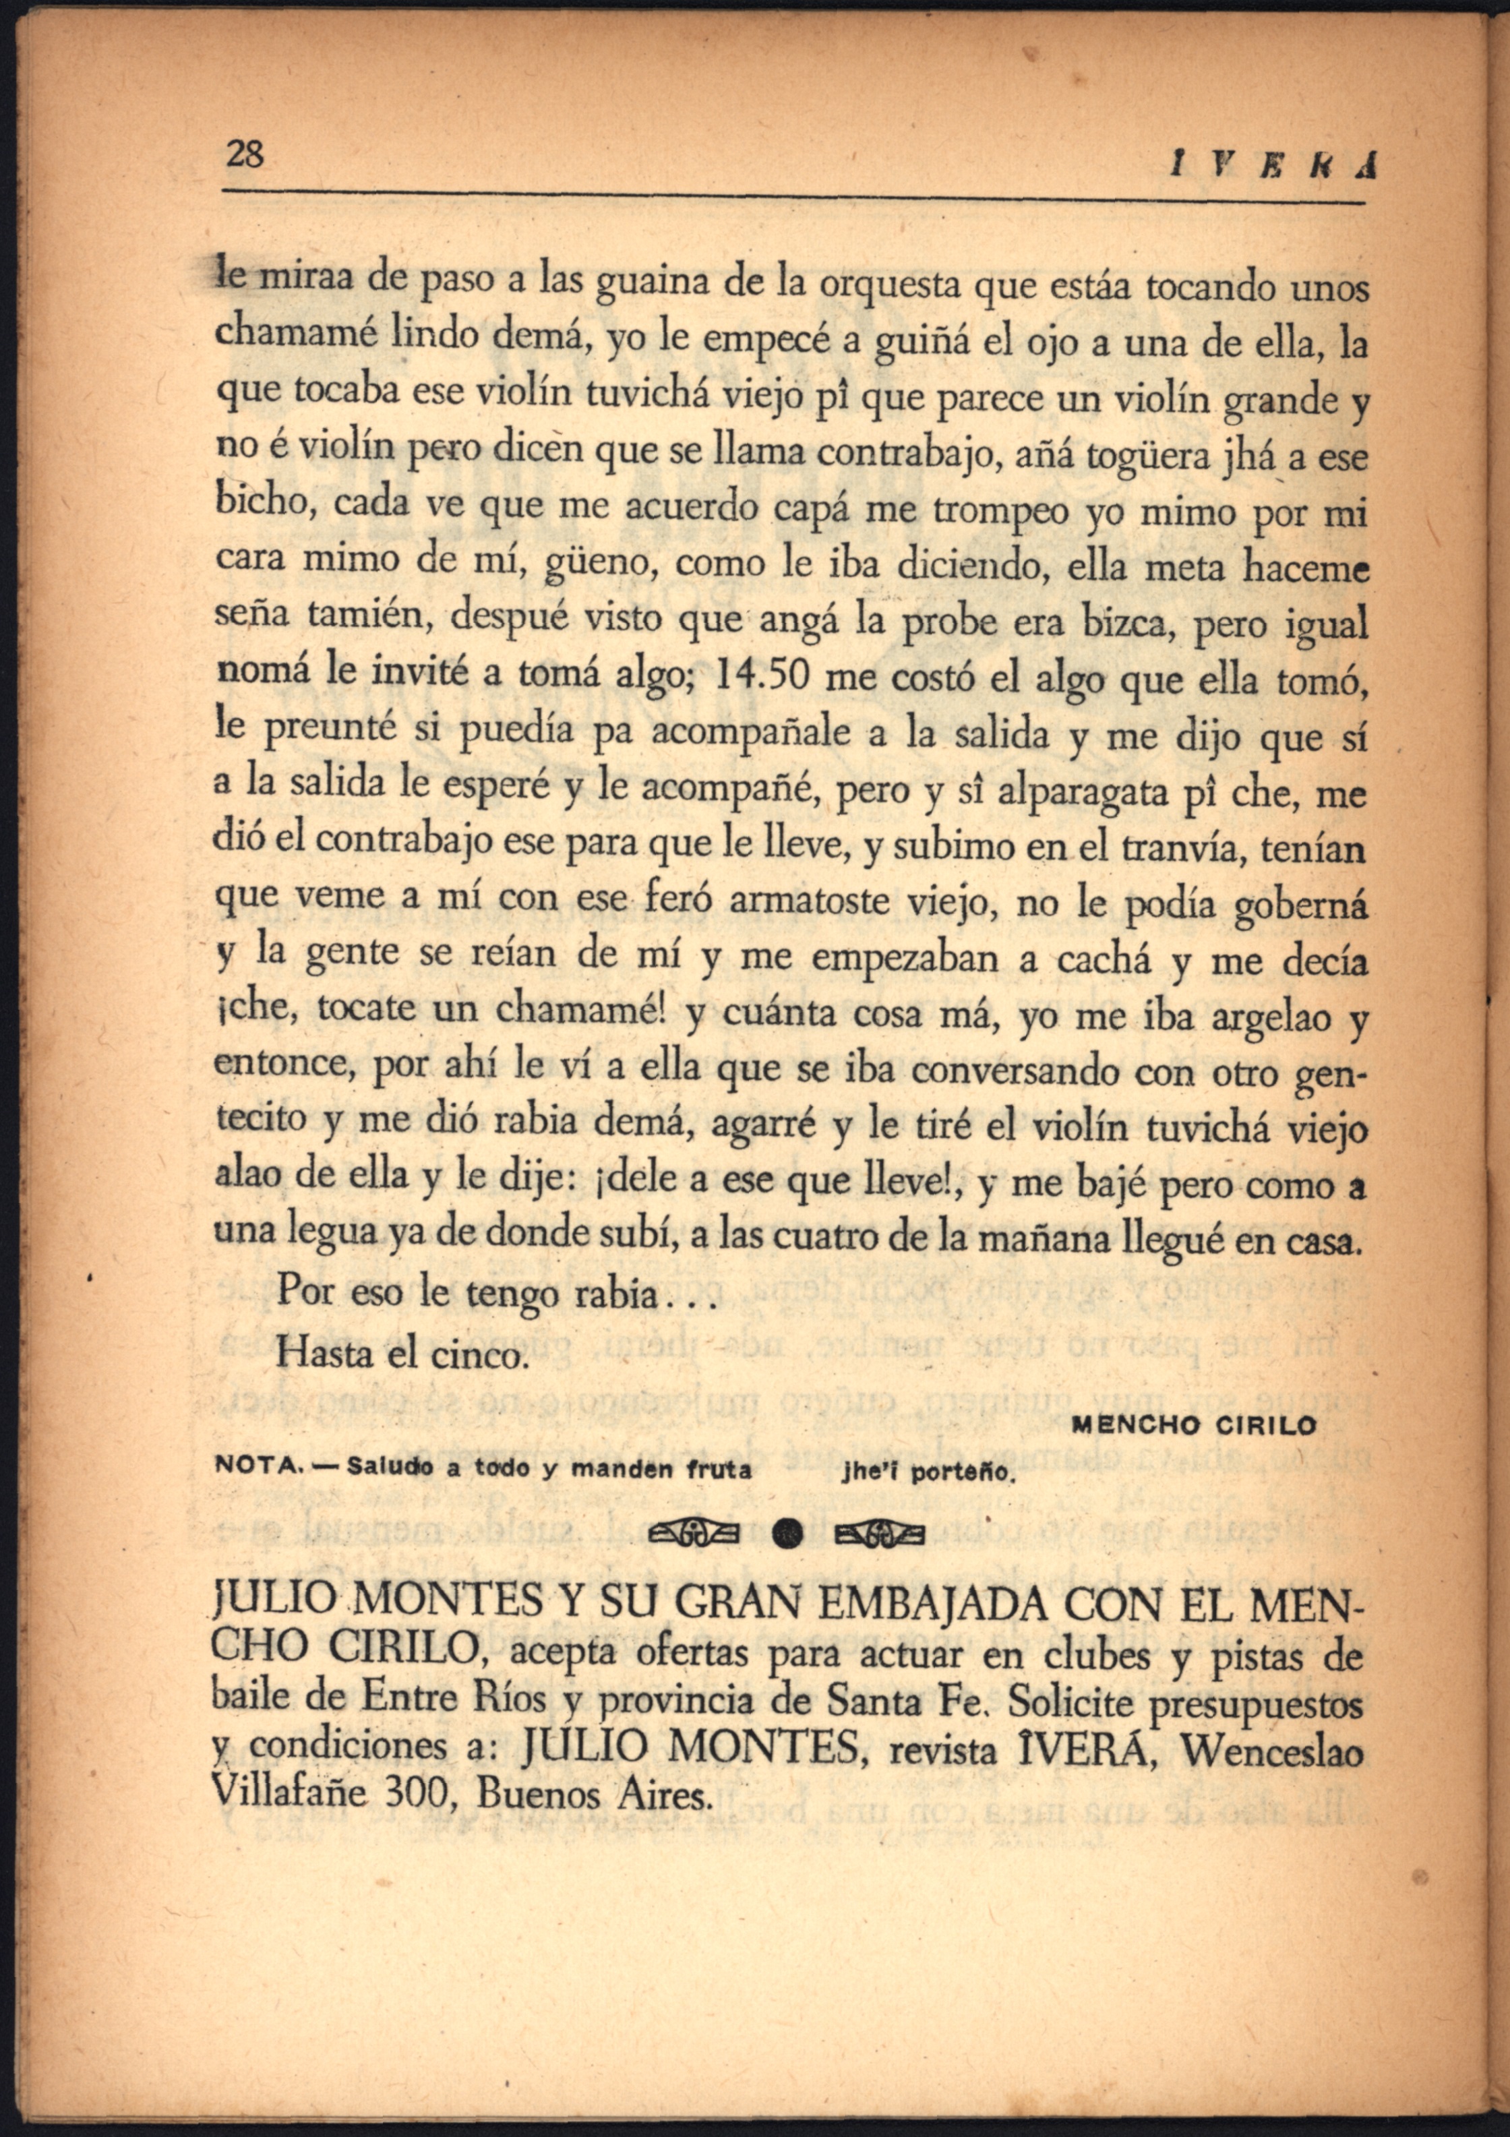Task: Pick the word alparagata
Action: [1082, 792]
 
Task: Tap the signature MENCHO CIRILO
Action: [1195, 1426]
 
